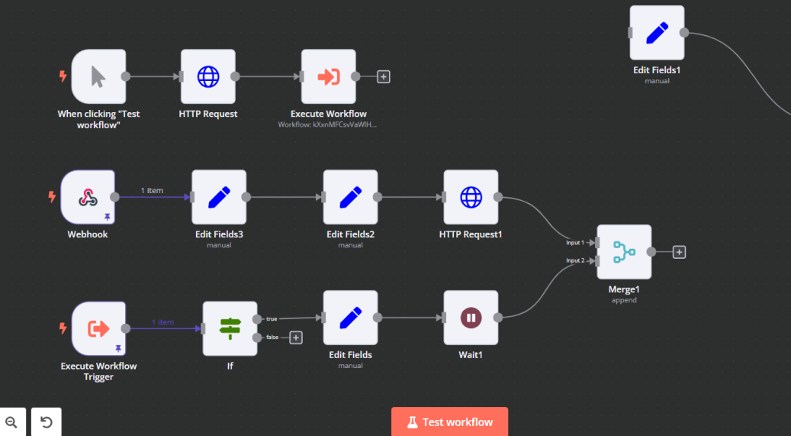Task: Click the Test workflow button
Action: (x=449, y=421)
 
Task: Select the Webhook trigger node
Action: (x=88, y=197)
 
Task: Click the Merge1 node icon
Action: (x=624, y=251)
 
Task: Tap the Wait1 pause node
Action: (x=471, y=318)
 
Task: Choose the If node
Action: (x=230, y=329)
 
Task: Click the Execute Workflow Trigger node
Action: (x=99, y=329)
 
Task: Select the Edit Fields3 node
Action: (x=219, y=197)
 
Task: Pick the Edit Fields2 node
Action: (x=351, y=197)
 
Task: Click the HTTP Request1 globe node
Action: (x=471, y=197)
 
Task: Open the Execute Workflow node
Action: (x=329, y=77)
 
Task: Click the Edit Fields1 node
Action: (x=658, y=33)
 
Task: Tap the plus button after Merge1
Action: (x=679, y=252)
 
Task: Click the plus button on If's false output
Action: (x=296, y=337)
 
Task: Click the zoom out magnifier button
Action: (x=11, y=421)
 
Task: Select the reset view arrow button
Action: (x=47, y=421)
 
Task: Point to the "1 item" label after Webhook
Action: (x=152, y=190)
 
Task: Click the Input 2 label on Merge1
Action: (x=575, y=260)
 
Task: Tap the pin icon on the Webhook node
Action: (x=108, y=217)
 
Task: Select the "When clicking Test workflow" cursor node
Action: (x=99, y=77)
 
